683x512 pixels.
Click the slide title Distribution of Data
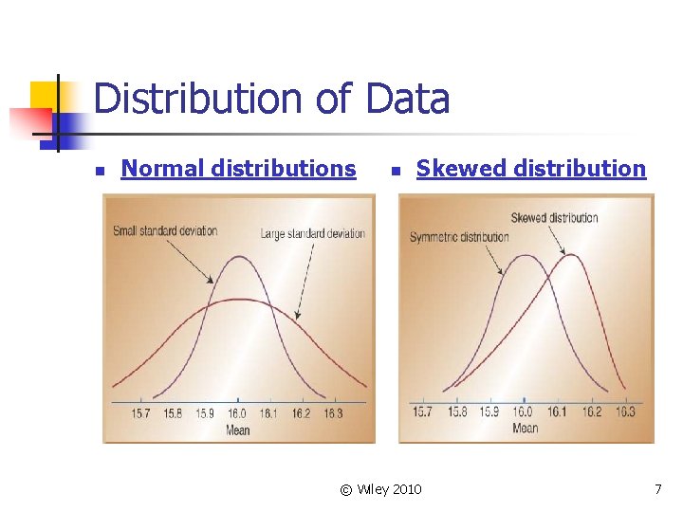[271, 99]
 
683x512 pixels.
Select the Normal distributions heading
[239, 169]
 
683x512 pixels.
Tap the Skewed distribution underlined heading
[531, 169]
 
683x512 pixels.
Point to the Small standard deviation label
[165, 230]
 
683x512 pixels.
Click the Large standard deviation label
[313, 233]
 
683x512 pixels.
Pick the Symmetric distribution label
[459, 237]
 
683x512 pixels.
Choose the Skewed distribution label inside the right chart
[554, 218]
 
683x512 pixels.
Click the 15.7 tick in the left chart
[141, 413]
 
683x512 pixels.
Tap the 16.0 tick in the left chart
[237, 413]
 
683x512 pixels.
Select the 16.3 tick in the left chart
[333, 413]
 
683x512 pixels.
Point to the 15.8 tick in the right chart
[457, 411]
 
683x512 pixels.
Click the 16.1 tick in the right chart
[557, 411]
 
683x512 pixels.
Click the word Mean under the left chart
[237, 430]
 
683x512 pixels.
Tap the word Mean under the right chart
[525, 428]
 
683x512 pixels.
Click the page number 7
[657, 489]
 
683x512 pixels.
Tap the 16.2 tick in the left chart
[301, 413]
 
